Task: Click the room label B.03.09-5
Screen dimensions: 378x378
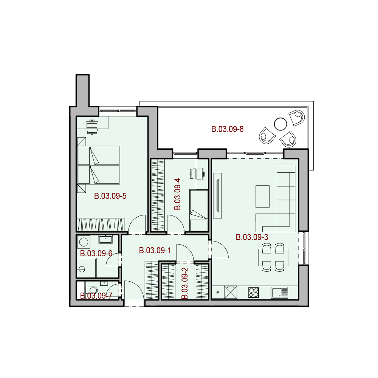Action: pyautogui.click(x=110, y=196)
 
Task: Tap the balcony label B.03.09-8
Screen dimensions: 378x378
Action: pyautogui.click(x=227, y=129)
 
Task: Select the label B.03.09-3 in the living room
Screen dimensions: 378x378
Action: pyautogui.click(x=252, y=237)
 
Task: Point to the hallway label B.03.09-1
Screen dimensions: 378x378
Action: pyautogui.click(x=155, y=251)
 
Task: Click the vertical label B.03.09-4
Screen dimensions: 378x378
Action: pyautogui.click(x=177, y=194)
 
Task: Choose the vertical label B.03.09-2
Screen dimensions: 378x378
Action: pyautogui.click(x=184, y=283)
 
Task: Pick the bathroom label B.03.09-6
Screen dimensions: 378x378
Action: pyautogui.click(x=96, y=253)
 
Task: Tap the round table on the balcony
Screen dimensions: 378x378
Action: pyautogui.click(x=280, y=124)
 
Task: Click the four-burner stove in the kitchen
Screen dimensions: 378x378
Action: pyautogui.click(x=254, y=292)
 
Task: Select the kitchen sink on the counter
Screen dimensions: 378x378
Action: pyautogui.click(x=279, y=293)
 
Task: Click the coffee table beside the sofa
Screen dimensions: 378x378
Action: pyautogui.click(x=263, y=196)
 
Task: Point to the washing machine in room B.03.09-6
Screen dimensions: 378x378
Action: pyautogui.click(x=84, y=242)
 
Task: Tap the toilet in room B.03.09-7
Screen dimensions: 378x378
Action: pyautogui.click(x=91, y=290)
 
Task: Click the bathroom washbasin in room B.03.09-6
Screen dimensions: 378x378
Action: pyautogui.click(x=105, y=240)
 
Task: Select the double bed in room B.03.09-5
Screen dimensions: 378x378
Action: pyautogui.click(x=99, y=165)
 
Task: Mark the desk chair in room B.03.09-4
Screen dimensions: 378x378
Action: pyautogui.click(x=193, y=174)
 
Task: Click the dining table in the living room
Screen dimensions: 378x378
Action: pyautogui.click(x=273, y=257)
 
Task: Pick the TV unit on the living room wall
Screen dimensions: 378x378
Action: pyautogui.click(x=217, y=195)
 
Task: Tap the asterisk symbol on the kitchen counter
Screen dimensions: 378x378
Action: pyautogui.click(x=218, y=292)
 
